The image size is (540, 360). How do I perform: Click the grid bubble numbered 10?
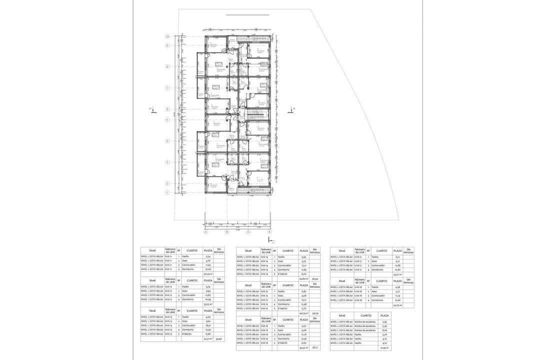click(168, 36)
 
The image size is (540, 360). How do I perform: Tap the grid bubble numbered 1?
click(168, 192)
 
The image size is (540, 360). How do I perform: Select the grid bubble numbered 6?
click(168, 109)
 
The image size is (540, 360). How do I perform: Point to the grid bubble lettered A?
click(205, 232)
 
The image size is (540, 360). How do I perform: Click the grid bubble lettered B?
click(226, 232)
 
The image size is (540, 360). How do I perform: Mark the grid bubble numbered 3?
click(168, 162)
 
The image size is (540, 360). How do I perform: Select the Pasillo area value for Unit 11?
click(208, 256)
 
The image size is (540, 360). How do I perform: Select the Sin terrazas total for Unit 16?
click(314, 347)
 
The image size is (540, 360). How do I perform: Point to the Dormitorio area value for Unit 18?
click(397, 300)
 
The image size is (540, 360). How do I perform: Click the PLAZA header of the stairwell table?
click(384, 316)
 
